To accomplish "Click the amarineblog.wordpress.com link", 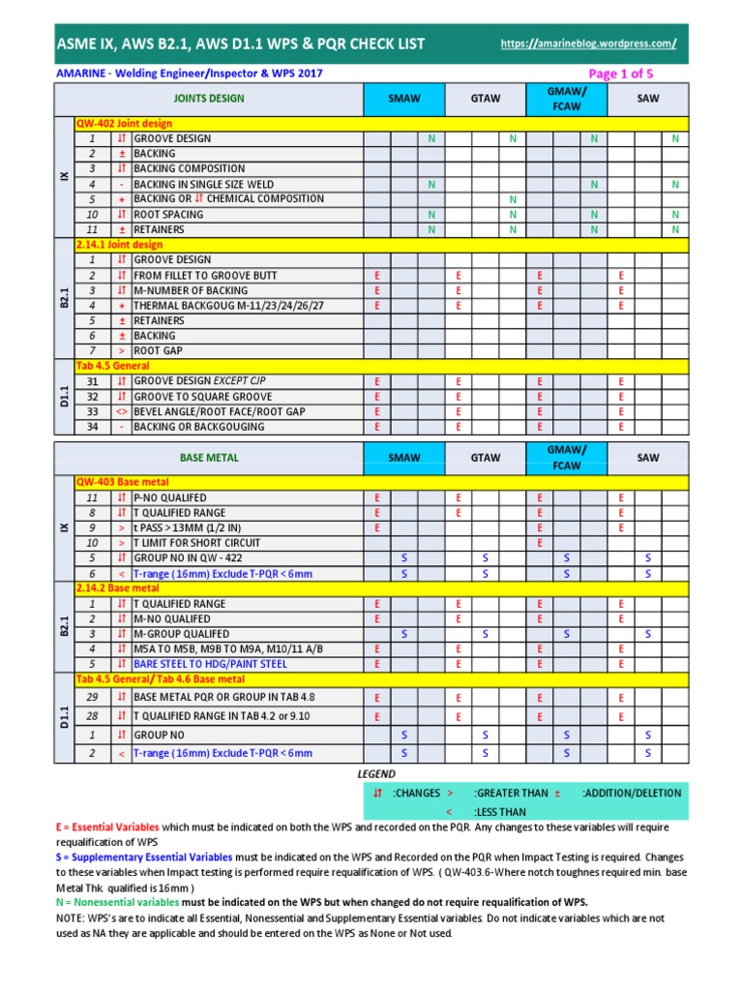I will (x=588, y=45).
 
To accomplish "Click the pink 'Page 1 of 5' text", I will (x=621, y=74).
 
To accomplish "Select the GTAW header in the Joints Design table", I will (x=484, y=99).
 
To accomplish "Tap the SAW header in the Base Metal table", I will (x=648, y=457).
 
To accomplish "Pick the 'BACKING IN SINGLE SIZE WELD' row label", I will (x=203, y=184).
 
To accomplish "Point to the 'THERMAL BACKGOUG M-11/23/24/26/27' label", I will (x=228, y=305).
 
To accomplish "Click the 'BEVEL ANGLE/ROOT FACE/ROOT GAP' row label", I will (x=219, y=411).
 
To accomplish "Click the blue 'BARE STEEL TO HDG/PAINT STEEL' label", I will (x=210, y=664).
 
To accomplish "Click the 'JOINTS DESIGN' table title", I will (x=209, y=99).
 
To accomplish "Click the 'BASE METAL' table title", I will (x=209, y=457).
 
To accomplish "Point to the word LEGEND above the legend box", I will (x=376, y=774).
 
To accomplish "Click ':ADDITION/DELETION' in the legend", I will (x=632, y=793).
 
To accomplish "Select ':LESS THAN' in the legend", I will (x=500, y=812).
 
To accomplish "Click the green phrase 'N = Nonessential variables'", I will (x=116, y=902).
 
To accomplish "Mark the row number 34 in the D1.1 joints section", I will (x=92, y=427).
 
